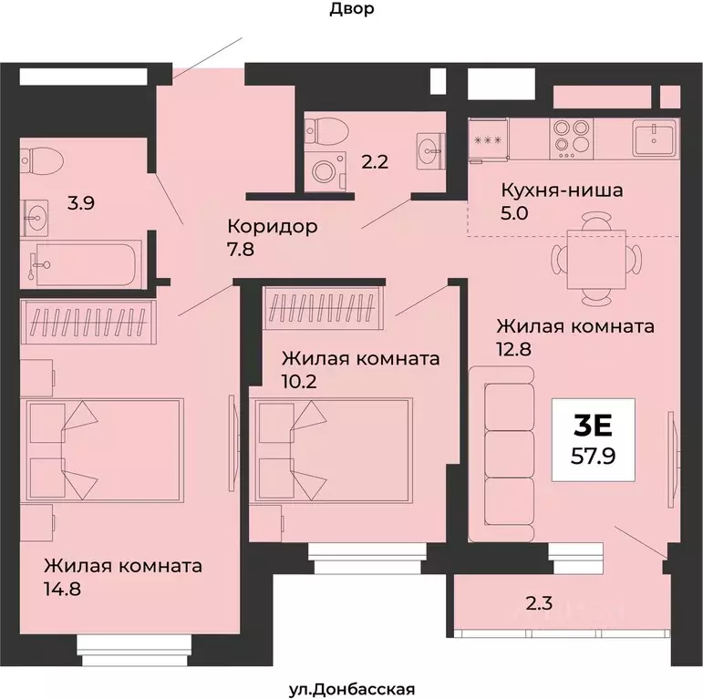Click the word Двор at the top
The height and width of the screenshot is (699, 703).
(x=350, y=10)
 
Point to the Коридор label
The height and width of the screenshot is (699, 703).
(x=273, y=226)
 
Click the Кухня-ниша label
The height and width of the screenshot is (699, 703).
(x=562, y=191)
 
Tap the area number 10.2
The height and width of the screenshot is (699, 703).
(x=301, y=383)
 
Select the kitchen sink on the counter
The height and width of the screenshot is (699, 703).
(x=655, y=139)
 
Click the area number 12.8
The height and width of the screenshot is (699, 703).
(x=513, y=349)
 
